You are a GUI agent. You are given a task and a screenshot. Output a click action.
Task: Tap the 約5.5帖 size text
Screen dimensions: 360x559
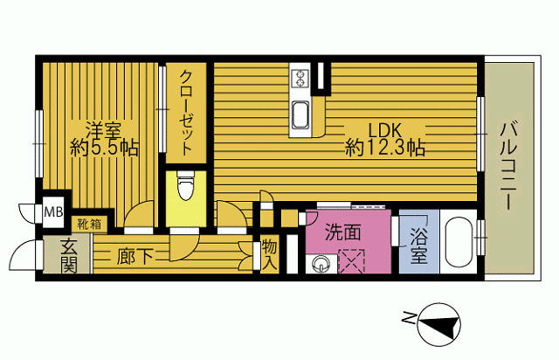[104, 148]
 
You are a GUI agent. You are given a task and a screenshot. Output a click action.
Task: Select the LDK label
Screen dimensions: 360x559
[384, 128]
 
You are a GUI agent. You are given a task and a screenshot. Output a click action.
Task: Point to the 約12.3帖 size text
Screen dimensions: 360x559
[385, 149]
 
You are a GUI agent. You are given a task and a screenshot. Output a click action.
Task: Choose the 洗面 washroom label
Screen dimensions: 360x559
[343, 232]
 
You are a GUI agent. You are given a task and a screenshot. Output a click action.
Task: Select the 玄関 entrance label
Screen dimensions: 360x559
[68, 255]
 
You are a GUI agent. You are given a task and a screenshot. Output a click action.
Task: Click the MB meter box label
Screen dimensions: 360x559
[53, 212]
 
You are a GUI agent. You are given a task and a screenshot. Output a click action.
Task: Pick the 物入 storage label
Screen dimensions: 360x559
[269, 253]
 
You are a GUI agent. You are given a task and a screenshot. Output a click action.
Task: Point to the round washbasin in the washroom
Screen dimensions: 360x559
[321, 261]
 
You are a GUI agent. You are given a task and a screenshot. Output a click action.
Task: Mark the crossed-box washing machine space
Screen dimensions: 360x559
[353, 260]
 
